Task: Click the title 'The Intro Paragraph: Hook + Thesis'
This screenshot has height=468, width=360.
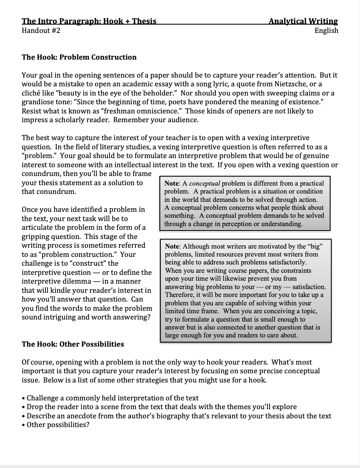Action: point(89,21)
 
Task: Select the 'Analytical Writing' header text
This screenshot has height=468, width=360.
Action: point(303,21)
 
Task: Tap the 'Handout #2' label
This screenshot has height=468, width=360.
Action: point(41,30)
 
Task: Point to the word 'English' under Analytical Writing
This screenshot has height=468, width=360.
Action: point(326,30)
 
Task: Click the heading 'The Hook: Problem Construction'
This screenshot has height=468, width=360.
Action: point(79,57)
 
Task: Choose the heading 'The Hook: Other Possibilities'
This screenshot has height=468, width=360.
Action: point(73,344)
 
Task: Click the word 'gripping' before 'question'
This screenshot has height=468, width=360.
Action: point(35,237)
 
